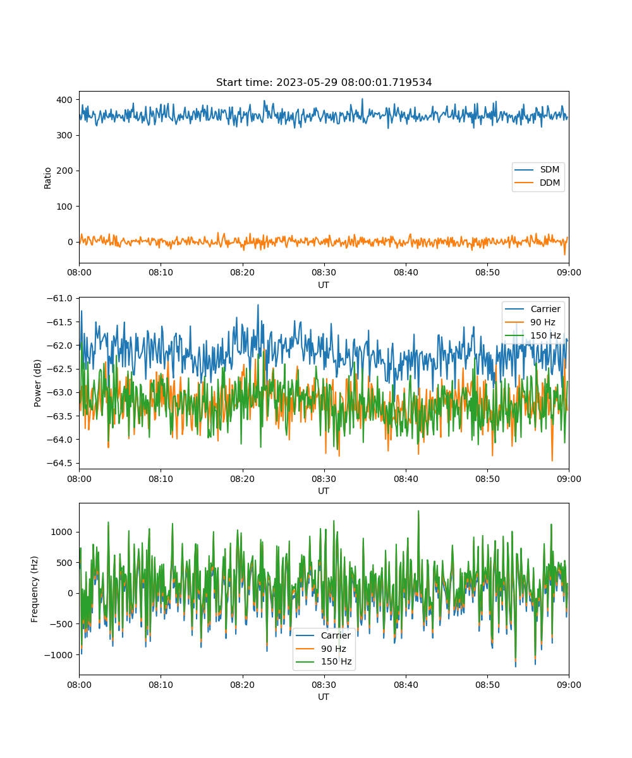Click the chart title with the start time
click(324, 83)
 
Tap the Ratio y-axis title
click(48, 177)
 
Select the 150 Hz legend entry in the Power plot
click(545, 335)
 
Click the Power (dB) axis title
click(38, 383)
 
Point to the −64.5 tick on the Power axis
click(60, 463)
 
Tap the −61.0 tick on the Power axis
click(60, 298)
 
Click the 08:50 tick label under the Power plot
click(487, 479)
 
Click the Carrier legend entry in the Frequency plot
click(336, 635)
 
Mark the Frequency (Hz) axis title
click(35, 589)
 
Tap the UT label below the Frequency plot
click(324, 697)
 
